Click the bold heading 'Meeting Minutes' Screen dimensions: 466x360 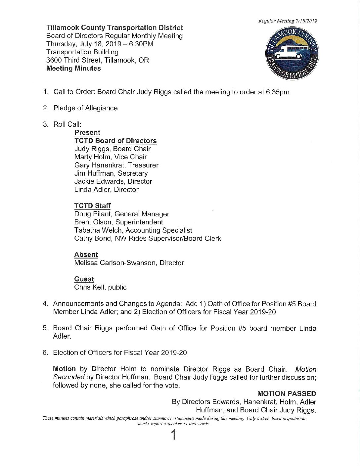click(73, 69)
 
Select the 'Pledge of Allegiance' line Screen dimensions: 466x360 click(85, 108)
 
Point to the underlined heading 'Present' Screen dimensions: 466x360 click(87, 133)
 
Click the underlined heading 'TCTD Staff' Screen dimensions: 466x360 click(92, 206)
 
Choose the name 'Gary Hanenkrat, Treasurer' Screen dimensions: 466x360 click(116, 165)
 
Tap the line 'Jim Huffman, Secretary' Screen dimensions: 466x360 click(111, 173)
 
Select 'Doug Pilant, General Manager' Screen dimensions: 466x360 click(121, 214)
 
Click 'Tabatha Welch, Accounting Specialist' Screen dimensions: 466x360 click(133, 230)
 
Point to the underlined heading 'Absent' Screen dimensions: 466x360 click(86, 255)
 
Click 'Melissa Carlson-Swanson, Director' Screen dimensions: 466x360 click(129, 263)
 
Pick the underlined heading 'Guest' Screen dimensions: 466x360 click(84, 279)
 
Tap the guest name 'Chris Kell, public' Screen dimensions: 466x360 click(100, 287)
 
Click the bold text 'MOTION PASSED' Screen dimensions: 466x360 click(286, 394)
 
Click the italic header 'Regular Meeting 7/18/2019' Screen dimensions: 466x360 click(288, 21)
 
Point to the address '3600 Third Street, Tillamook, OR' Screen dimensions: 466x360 click(98, 60)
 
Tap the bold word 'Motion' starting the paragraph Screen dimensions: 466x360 click(64, 369)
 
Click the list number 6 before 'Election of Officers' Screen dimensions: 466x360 click(45, 353)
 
